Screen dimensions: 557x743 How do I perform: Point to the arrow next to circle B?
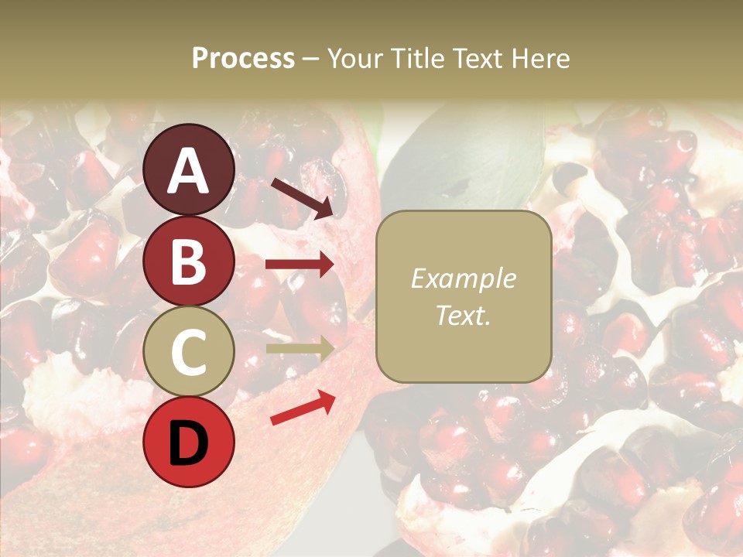(300, 265)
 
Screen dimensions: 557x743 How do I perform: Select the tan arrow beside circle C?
(300, 348)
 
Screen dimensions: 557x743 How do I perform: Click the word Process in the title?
(243, 59)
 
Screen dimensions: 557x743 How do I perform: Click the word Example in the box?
(463, 279)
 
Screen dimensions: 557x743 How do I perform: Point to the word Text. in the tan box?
(463, 316)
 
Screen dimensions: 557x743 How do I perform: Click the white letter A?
(188, 172)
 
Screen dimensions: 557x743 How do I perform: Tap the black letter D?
(188, 443)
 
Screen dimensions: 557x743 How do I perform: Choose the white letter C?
(188, 352)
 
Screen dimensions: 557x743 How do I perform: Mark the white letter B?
(188, 261)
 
